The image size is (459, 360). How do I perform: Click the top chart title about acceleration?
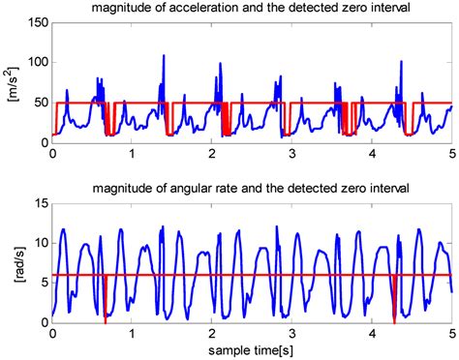pyautogui.click(x=250, y=10)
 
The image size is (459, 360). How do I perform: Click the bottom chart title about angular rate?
pyautogui.click(x=250, y=185)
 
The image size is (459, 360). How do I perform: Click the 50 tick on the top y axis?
pyautogui.click(x=40, y=103)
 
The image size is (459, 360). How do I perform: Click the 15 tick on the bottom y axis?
pyautogui.click(x=40, y=202)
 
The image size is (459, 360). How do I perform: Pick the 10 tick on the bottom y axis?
pyautogui.click(x=40, y=242)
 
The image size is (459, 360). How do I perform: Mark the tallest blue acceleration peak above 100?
pyautogui.click(x=164, y=57)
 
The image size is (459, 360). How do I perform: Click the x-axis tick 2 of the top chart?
pyautogui.click(x=212, y=154)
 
